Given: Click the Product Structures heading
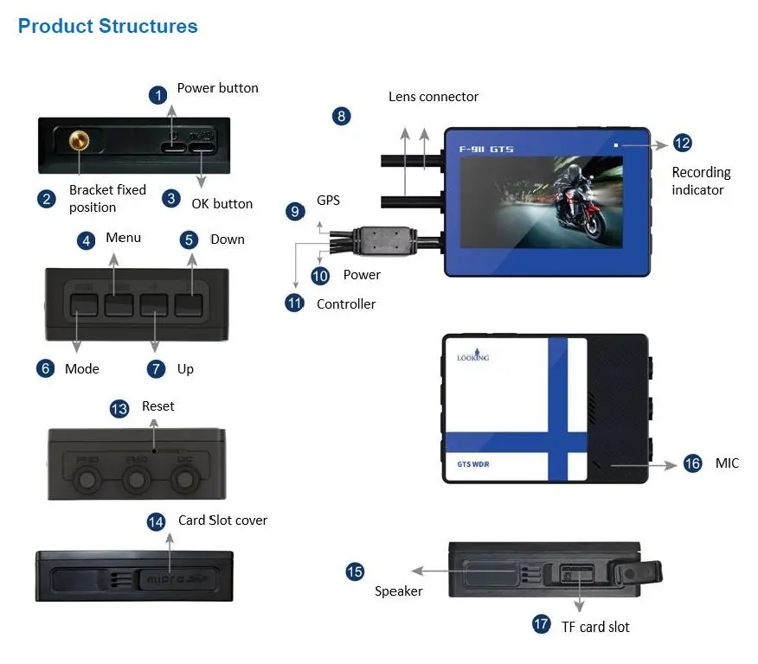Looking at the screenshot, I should click(107, 26).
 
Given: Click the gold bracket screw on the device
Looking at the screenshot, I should click(80, 138).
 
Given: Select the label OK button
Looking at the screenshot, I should click(222, 204).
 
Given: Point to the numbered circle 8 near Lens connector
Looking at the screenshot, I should click(342, 116).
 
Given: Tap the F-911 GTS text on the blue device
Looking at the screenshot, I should click(485, 150).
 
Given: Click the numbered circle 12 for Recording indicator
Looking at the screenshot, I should click(682, 144).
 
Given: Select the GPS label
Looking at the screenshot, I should click(328, 201).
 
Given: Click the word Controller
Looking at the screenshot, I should click(346, 304).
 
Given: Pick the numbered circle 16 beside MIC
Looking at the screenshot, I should click(692, 463).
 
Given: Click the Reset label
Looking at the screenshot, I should click(158, 406).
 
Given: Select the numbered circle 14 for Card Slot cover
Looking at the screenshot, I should click(156, 521).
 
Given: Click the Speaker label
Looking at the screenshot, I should click(398, 591).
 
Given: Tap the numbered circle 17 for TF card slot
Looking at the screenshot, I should click(542, 624).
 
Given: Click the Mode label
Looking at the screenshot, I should click(82, 369).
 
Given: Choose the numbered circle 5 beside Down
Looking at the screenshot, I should click(189, 239).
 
